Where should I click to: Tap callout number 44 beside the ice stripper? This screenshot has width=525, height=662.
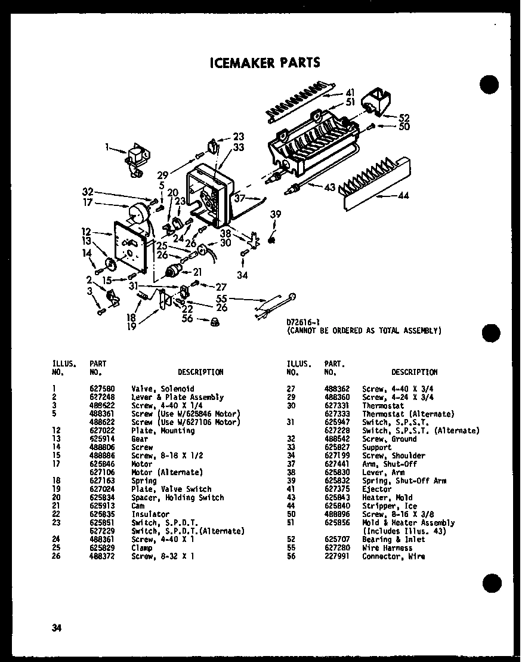pyautogui.click(x=403, y=195)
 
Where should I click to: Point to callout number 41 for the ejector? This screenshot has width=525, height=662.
pyautogui.click(x=350, y=93)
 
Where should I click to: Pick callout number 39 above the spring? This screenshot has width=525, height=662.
pyautogui.click(x=274, y=214)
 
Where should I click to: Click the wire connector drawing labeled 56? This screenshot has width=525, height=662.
pyautogui.click(x=214, y=322)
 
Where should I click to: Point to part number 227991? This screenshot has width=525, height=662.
pyautogui.click(x=334, y=556)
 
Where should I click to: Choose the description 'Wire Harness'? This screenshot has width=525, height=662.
pyautogui.click(x=387, y=548)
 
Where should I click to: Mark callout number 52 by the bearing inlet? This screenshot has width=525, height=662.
pyautogui.click(x=404, y=118)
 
